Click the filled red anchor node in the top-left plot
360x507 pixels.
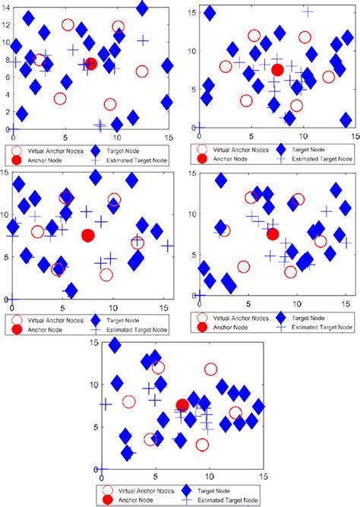pos(91,64)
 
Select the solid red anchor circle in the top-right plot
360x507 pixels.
pos(277,70)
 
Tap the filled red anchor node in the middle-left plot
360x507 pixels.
pos(87,236)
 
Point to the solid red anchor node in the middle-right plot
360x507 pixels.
pos(273,234)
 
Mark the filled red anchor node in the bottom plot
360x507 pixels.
pos(182,405)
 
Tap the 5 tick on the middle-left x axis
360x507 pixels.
pos(62,307)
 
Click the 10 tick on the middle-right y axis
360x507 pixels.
pos(189,200)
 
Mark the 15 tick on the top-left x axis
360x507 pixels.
pos(168,138)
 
